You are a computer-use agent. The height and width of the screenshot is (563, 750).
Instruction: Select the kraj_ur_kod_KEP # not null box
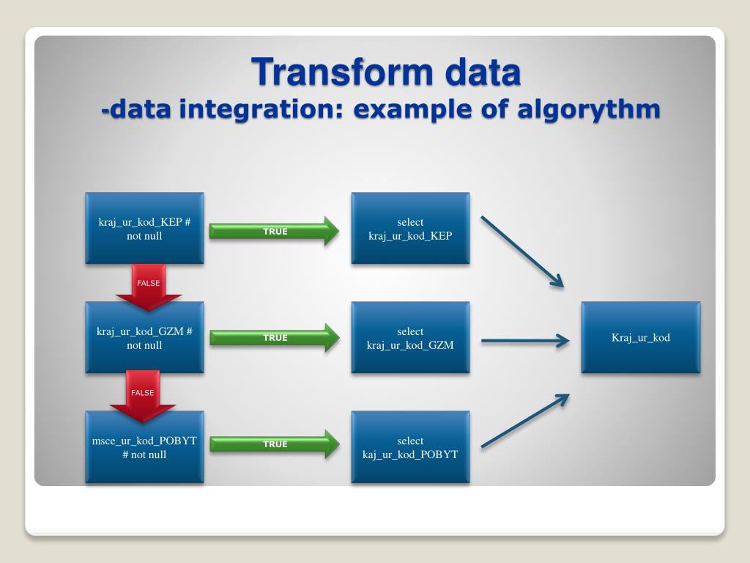[144, 228]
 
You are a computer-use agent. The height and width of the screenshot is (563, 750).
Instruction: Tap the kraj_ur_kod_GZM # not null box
[144, 337]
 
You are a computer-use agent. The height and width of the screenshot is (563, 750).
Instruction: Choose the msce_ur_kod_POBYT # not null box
[144, 446]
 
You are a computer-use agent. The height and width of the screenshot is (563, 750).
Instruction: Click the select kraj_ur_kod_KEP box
[410, 228]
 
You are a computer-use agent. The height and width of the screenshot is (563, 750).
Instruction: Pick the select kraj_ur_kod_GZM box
[410, 337]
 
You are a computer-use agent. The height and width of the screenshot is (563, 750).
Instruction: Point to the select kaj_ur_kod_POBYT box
[410, 446]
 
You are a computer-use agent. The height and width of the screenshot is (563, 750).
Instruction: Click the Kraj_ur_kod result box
[641, 337]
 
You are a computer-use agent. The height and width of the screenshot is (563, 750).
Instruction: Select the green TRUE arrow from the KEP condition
[275, 232]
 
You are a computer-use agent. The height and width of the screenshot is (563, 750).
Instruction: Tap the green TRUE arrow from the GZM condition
[275, 338]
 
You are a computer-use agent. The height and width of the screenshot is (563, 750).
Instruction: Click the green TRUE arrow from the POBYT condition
[275, 444]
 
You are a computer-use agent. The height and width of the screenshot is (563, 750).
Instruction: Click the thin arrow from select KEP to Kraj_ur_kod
[521, 251]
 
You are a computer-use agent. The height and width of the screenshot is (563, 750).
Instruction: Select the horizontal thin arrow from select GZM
[524, 340]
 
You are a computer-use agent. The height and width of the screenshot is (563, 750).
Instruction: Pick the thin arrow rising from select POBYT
[524, 421]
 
